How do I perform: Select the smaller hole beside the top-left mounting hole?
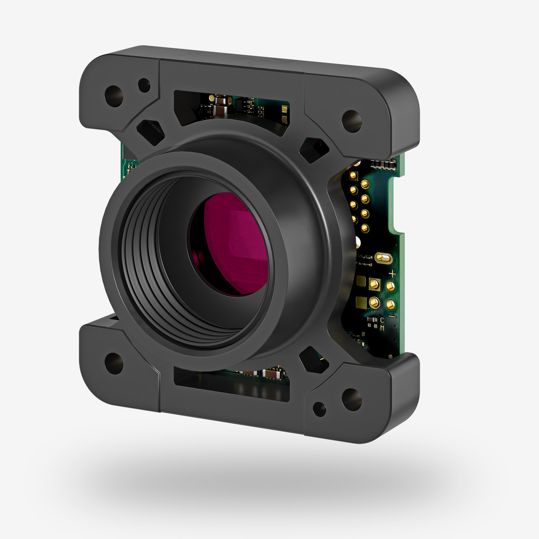(144, 85)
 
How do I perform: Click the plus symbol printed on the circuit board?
(393, 273)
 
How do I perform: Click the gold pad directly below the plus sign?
(391, 286)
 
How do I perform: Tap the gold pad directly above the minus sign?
(391, 304)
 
